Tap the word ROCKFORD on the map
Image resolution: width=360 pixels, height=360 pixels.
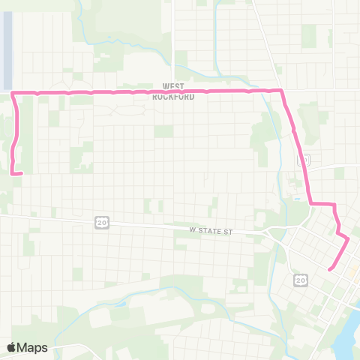[173, 97]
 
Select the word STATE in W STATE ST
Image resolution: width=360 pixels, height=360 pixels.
[214, 232]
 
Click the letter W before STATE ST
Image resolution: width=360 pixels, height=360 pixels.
[192, 232]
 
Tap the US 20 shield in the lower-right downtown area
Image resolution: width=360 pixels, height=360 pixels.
[300, 280]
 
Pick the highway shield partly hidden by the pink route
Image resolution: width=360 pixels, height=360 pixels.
[303, 160]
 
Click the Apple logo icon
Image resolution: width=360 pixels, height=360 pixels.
[12, 347]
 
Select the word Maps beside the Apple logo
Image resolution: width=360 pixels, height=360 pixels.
[33, 347]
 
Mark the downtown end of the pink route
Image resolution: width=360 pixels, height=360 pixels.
[330, 268]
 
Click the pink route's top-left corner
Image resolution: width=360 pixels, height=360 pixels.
[14, 93]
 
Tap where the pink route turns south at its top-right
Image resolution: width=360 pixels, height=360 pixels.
[281, 91]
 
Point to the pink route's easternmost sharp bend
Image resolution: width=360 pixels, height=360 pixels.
[348, 239]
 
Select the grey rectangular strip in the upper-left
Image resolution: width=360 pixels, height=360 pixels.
[7, 49]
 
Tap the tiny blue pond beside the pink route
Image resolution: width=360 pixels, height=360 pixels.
[298, 199]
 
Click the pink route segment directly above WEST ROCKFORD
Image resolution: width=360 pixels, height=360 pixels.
[173, 92]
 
